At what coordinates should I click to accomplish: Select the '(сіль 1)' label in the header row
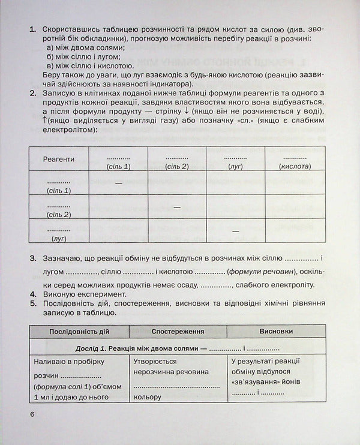tap(118, 166)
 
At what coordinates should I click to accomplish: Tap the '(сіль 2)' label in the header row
tap(177, 166)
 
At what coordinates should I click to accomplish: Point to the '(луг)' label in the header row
tap(236, 166)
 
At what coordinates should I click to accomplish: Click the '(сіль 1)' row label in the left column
tap(59, 190)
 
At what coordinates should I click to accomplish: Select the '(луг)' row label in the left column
tap(59, 238)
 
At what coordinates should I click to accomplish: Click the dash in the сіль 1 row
tap(118, 183)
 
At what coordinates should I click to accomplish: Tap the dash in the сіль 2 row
tap(177, 207)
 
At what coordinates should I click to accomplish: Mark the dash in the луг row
tap(236, 231)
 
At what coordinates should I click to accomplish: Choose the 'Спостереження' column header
tap(178, 330)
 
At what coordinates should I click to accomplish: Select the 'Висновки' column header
tap(277, 330)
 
